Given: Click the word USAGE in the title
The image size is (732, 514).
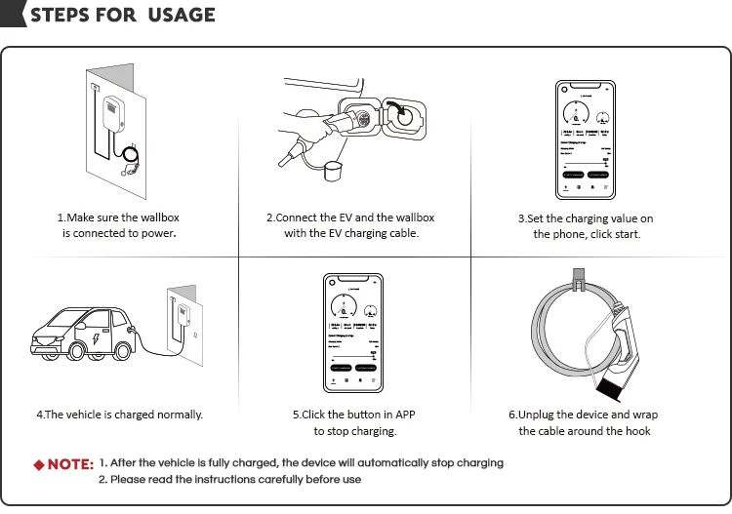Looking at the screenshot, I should click(x=180, y=15).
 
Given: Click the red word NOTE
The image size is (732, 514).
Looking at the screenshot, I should click(x=70, y=464).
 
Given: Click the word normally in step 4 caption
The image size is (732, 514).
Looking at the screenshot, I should click(x=176, y=415).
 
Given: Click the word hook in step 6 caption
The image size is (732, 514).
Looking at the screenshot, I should click(x=638, y=431).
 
